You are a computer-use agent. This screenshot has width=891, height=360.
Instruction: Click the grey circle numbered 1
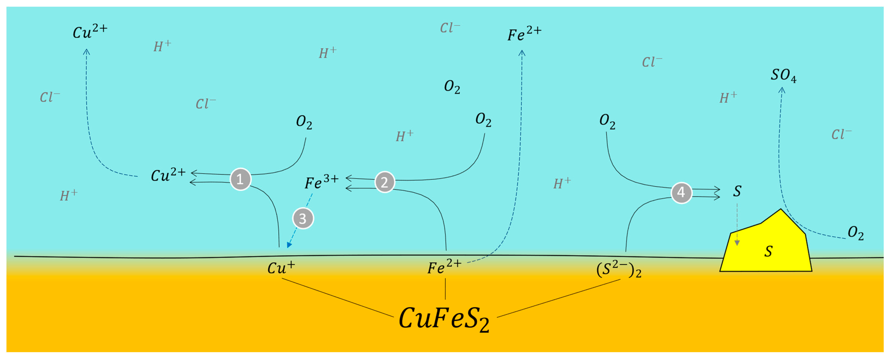[240, 179]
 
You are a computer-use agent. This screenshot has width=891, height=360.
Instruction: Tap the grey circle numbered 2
[385, 182]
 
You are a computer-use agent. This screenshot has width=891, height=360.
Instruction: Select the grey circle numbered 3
[303, 219]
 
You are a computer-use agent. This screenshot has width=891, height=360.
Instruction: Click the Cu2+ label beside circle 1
[168, 175]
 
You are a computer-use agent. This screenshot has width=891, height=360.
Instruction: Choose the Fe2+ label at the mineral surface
[444, 267]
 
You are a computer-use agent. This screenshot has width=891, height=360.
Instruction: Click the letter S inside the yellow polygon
[768, 251]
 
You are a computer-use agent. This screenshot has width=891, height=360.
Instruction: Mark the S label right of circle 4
[737, 191]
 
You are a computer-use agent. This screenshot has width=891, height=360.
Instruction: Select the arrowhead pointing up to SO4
[782, 90]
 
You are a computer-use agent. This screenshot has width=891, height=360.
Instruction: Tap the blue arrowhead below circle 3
[289, 245]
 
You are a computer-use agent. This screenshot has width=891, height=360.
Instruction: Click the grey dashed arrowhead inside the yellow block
[737, 243]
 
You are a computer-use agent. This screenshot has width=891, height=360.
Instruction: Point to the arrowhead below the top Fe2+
[522, 53]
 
